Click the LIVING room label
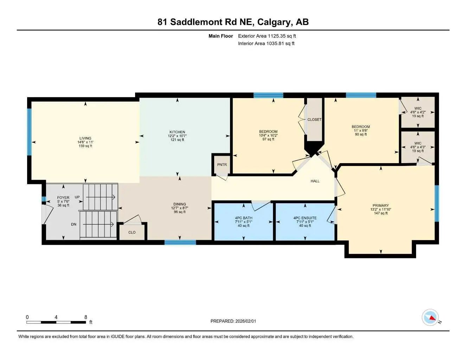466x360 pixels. coord(85,139)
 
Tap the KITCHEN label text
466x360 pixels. coord(177,132)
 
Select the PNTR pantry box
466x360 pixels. coord(222,165)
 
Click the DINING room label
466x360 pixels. coord(179,204)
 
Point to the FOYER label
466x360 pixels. coord(63,198)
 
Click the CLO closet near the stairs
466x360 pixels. coord(132,232)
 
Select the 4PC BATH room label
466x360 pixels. coord(244,218)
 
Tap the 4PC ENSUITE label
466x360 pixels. coord(305,218)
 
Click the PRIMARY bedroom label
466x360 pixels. coord(381,206)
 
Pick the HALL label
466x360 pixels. coord(315,181)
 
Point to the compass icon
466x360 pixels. coord(430,318)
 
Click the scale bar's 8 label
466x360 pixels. coord(85,317)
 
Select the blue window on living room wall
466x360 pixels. coord(30,132)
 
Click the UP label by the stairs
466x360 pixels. coord(77,197)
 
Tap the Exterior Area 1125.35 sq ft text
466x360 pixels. coord(267,36)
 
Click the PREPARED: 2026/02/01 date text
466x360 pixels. coord(233,321)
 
